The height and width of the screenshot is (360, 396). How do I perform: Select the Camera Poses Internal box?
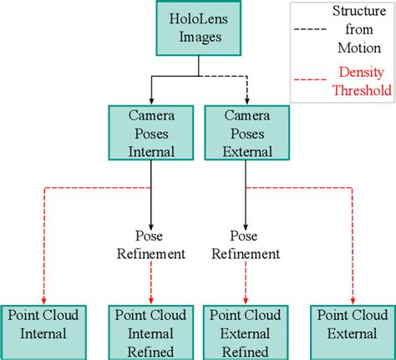[151, 134]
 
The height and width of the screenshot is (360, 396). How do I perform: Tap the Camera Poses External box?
[245, 134]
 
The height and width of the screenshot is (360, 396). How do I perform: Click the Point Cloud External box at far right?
[352, 332]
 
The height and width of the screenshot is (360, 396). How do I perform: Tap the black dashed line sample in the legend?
[311, 32]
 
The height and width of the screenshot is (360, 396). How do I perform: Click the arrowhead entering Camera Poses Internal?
[151, 100]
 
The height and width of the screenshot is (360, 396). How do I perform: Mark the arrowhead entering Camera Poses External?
[246, 100]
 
